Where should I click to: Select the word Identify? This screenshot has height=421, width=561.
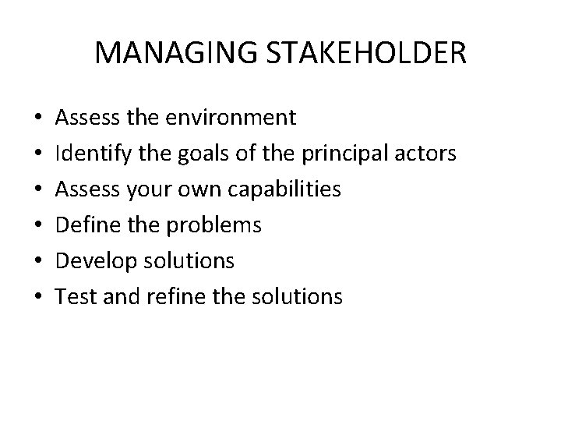90,154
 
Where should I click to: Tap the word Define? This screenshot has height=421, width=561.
85,225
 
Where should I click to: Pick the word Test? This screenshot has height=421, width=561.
75,296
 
